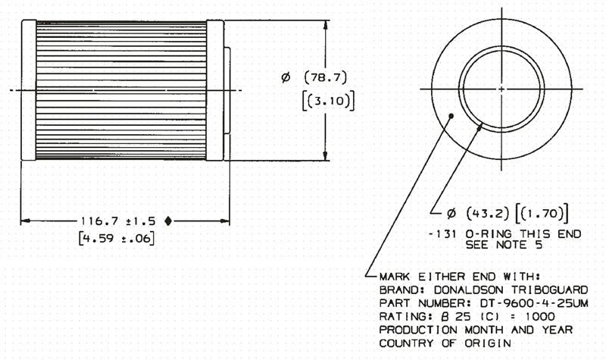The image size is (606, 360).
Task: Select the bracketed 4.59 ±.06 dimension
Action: [117, 238]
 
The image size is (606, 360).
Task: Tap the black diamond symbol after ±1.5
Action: [167, 221]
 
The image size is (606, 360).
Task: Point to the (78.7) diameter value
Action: [326, 77]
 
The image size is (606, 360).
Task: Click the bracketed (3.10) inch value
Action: [328, 101]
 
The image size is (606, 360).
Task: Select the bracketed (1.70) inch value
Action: [542, 213]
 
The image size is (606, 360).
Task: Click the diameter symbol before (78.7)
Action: [286, 78]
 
